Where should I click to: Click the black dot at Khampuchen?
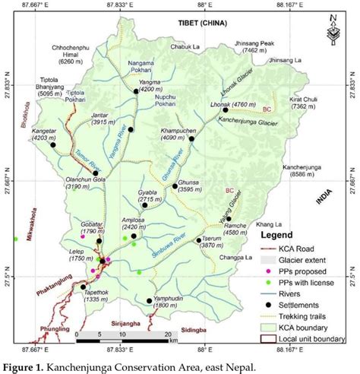pyautogui.click(x=192, y=138)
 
